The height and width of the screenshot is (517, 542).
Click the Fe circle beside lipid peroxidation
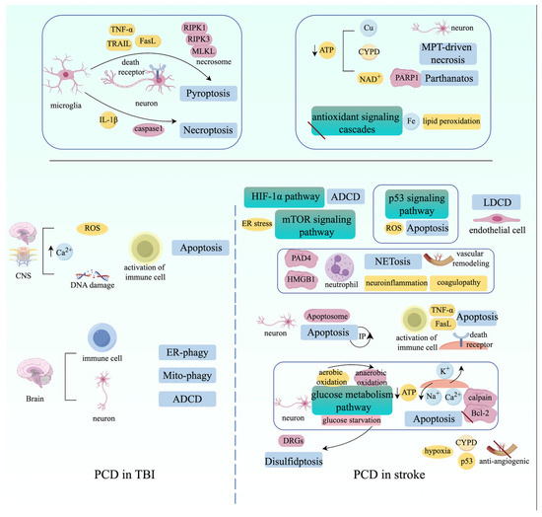[410, 120]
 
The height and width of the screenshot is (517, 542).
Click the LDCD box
[502, 201]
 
